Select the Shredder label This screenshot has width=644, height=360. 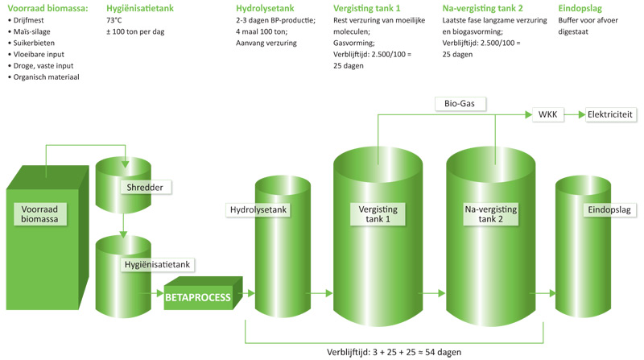(x=146, y=188)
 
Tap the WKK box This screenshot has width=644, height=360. (x=548, y=114)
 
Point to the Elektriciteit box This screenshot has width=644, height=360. (x=610, y=114)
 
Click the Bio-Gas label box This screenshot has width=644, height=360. (x=460, y=104)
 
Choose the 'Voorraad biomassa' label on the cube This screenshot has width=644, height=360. (x=39, y=214)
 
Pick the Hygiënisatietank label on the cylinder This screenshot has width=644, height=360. (x=157, y=265)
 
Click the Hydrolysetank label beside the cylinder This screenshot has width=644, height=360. (x=258, y=210)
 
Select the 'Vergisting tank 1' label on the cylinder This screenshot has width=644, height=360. (x=378, y=214)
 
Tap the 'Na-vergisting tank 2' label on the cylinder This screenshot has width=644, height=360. (x=491, y=214)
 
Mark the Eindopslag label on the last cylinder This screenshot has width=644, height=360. (x=609, y=210)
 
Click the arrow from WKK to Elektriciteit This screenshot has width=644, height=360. (x=575, y=114)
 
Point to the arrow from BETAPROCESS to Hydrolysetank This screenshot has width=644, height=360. (x=246, y=293)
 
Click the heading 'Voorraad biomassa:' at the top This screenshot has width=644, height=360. (x=47, y=8)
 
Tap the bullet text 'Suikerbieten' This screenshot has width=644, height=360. (x=34, y=43)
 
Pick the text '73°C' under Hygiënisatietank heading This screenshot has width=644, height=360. (x=114, y=20)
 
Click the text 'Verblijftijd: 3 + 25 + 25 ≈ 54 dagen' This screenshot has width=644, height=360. (x=394, y=352)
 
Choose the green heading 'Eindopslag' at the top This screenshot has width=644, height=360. (x=580, y=8)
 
